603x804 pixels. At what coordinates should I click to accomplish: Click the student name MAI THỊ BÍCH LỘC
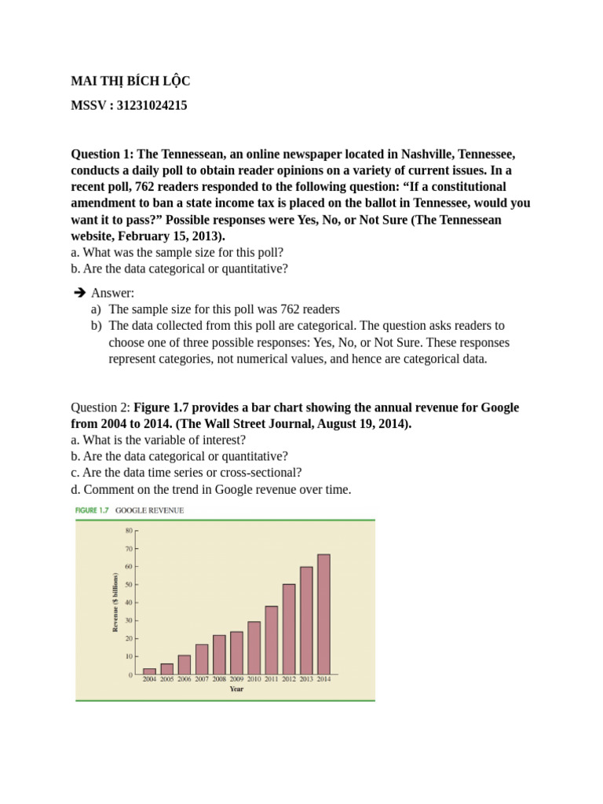coord(130,82)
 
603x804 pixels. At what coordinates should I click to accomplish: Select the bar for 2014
coord(323,614)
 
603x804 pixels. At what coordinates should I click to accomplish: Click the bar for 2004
coord(149,671)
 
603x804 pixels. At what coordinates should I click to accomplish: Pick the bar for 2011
coord(271,640)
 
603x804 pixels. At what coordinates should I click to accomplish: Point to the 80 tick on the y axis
coord(129,530)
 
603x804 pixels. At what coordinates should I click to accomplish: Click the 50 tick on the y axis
coord(129,584)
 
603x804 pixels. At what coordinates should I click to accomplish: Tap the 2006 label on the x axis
coord(184,680)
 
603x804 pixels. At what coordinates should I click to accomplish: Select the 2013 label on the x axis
coord(305,680)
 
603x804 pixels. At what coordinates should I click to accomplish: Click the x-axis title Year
coord(236,689)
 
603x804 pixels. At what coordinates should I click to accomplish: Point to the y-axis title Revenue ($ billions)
coord(115,602)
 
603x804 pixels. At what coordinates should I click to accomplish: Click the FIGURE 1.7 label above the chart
coord(93,510)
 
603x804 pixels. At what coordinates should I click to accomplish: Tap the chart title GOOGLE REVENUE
coord(149,510)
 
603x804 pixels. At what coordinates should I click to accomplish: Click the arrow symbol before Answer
coord(79,293)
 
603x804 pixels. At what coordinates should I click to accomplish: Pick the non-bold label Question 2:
coord(100,407)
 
